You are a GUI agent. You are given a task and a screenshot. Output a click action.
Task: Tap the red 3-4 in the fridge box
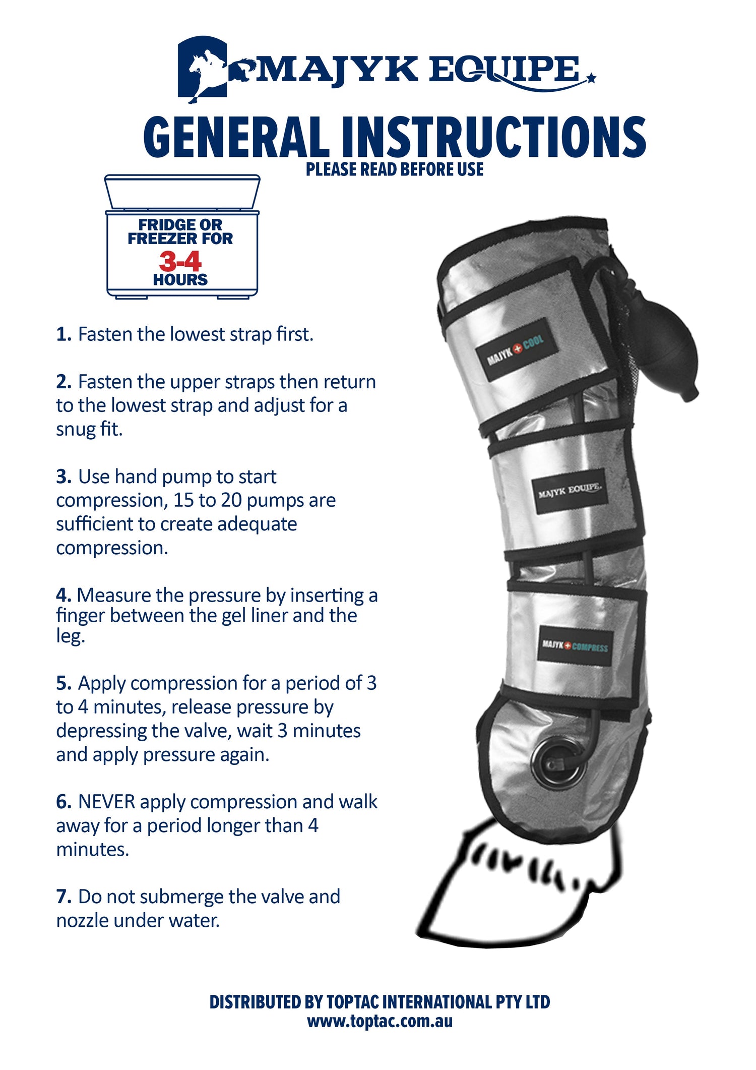pyautogui.click(x=180, y=262)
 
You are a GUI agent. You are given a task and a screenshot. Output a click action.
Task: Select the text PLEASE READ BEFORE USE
pyautogui.click(x=395, y=170)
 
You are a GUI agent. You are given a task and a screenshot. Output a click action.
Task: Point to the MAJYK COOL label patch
pyautogui.click(x=516, y=349)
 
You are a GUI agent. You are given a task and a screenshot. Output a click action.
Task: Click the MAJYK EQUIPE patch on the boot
pyautogui.click(x=569, y=491)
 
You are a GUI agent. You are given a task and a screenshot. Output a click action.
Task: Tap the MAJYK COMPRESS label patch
pyautogui.click(x=575, y=646)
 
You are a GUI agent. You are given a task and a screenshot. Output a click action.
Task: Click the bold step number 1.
pyautogui.click(x=64, y=334)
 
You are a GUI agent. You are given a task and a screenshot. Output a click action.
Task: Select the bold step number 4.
pyautogui.click(x=64, y=596)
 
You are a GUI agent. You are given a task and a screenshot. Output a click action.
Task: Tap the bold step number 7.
pyautogui.click(x=64, y=897)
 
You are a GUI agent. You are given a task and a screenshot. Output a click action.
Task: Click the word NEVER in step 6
pyautogui.click(x=106, y=802)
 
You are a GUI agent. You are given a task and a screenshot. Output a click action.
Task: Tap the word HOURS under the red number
pyautogui.click(x=180, y=280)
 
